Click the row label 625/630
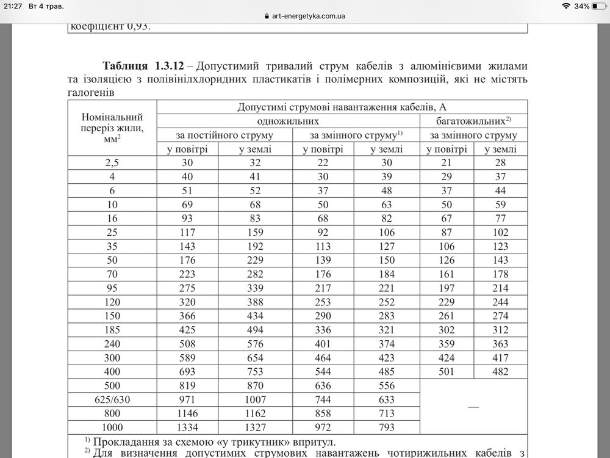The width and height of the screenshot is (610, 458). click(112, 400)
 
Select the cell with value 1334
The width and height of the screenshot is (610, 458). click(188, 427)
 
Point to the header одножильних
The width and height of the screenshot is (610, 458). click(289, 121)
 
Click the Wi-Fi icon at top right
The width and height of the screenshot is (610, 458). click(566, 6)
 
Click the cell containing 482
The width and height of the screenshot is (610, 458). click(500, 372)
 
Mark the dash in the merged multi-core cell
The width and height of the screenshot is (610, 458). click(473, 406)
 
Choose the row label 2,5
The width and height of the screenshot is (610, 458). click(112, 162)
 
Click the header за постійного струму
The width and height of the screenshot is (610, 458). click(225, 135)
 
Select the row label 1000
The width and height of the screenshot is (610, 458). click(112, 427)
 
